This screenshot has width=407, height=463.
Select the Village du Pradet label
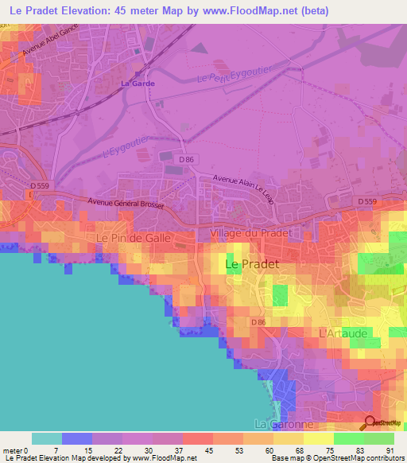coord(251,233)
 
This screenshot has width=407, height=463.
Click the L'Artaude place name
coord(343,333)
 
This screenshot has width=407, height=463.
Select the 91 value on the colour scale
coord(389,449)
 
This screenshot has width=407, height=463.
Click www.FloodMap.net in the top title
coord(257,10)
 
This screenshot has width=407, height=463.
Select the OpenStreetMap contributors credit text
coord(362,458)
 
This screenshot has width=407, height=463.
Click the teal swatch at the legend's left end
coord(47,438)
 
